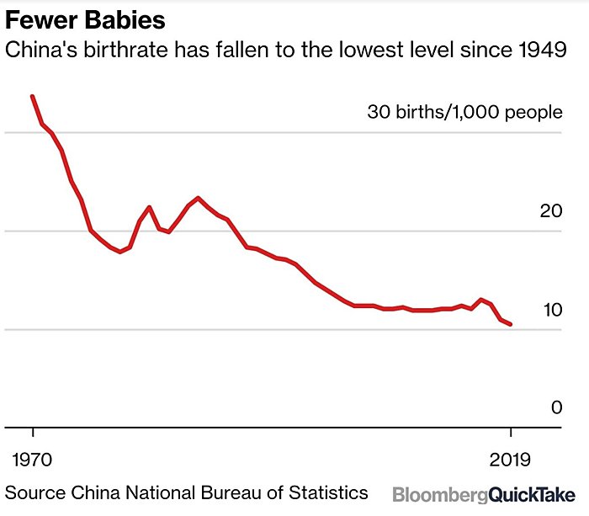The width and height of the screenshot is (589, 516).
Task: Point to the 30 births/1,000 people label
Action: click(x=464, y=112)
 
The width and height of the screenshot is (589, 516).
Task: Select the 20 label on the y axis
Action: click(x=551, y=210)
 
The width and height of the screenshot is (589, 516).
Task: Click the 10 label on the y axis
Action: click(x=551, y=309)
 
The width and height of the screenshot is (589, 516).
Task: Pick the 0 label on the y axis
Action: click(x=556, y=407)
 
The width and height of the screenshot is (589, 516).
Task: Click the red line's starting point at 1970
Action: click(x=33, y=97)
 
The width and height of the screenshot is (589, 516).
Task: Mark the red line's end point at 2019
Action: click(x=510, y=325)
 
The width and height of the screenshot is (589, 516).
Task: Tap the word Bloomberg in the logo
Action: click(x=439, y=494)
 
